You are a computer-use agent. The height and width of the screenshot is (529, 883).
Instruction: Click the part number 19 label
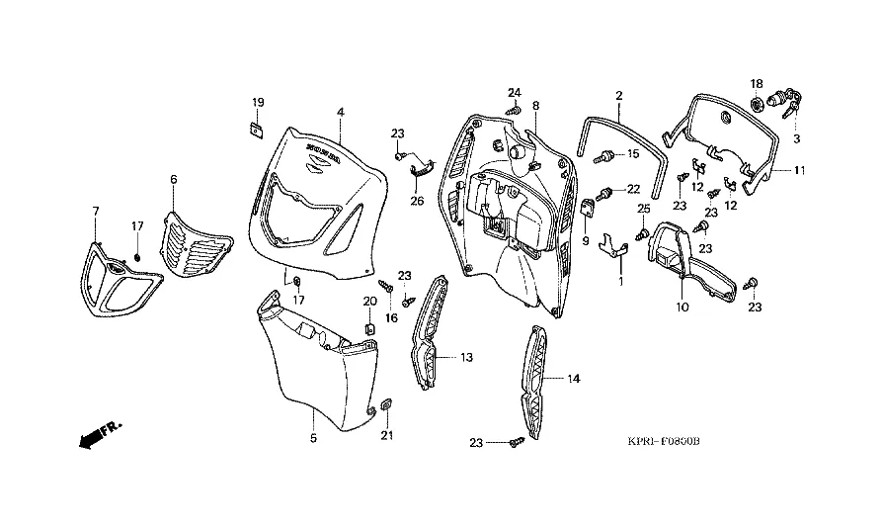point(257,103)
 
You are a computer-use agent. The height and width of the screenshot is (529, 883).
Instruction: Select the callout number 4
point(340,113)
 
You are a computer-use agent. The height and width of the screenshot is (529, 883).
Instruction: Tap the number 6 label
point(174,179)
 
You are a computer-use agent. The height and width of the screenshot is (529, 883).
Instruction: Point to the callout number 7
point(96,211)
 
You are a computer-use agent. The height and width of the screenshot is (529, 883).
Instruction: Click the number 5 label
point(313,437)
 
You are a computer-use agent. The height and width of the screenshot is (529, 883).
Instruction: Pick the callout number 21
point(387,436)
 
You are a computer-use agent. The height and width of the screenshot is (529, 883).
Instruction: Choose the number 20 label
point(370,301)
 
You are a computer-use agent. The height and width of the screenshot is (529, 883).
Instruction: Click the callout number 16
point(391,318)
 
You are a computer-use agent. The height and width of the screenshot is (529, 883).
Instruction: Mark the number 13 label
point(466,356)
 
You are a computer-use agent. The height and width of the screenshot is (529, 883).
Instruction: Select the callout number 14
point(574,379)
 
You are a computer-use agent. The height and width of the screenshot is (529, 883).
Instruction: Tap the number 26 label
point(417,202)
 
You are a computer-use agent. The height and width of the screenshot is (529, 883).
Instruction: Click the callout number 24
point(515,92)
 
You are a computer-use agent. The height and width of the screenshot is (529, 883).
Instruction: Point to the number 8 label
point(536,105)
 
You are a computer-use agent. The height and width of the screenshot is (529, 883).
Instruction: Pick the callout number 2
point(619,96)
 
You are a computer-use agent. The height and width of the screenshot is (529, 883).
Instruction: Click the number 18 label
point(757,83)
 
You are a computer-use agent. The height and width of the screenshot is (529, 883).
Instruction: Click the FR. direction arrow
point(98,433)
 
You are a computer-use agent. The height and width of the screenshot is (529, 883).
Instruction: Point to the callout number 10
point(682,308)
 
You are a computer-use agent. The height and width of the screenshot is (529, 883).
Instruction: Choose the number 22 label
point(633,190)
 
